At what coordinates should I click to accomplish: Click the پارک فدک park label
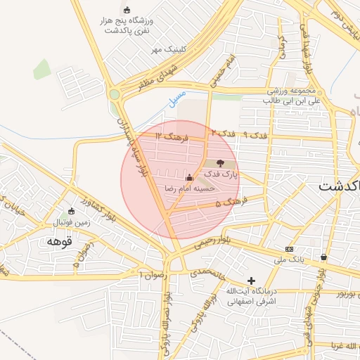coord(223,173)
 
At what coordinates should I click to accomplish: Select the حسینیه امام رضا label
coord(187,188)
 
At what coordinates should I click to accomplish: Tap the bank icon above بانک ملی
coord(290,250)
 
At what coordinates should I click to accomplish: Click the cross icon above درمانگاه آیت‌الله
coord(250,281)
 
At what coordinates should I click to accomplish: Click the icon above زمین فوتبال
coord(72,211)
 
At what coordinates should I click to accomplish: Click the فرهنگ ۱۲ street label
coord(172,136)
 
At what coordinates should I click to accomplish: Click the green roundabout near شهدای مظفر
coord(114,94)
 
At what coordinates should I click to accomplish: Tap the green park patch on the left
coord(42,69)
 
